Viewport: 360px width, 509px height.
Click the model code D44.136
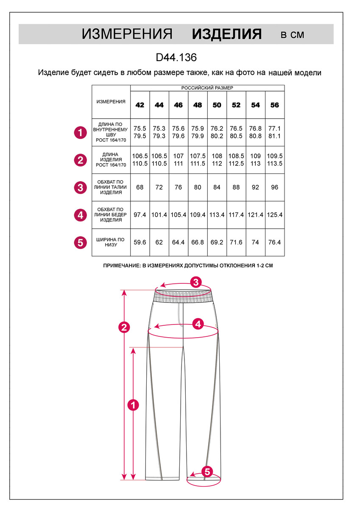coord(176,57)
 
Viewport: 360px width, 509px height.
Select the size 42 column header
coord(140,105)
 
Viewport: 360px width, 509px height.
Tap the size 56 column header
coord(275,105)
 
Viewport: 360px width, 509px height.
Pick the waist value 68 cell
coord(140,187)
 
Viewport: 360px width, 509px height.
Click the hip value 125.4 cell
coord(275,215)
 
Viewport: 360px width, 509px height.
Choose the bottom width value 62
coord(159,243)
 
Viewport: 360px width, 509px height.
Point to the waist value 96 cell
coord(275,187)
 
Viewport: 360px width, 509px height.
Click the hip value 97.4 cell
coord(140,215)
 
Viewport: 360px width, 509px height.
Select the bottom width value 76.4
coord(275,243)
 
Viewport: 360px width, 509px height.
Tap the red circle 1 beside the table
coord(80,133)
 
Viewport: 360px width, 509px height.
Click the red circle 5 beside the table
coord(80,243)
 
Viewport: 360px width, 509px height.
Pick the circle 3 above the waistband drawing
coord(195,282)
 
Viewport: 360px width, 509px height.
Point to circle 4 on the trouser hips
coord(198,324)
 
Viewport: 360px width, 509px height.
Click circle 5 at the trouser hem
coord(207,471)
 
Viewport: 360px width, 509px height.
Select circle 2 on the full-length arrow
coord(124,327)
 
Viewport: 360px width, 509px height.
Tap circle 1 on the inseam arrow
coord(134,405)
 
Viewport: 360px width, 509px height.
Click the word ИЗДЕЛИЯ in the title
coord(227,34)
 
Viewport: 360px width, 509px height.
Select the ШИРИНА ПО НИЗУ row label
coord(111,243)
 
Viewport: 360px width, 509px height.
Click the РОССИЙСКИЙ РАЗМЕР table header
coord(207,88)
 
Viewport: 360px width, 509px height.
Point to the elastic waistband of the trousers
coord(183,296)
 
